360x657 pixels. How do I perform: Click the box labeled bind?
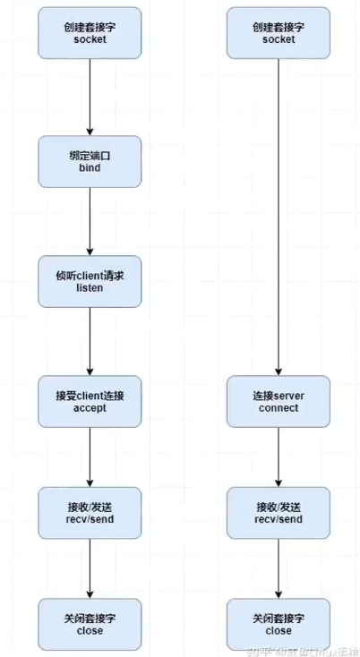(x=90, y=162)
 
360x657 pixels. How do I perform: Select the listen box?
(x=90, y=282)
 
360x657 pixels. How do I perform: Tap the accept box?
(x=90, y=400)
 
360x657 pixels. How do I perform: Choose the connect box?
(x=279, y=400)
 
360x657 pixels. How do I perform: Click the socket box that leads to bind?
(x=90, y=34)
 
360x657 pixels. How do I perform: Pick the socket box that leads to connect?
(x=279, y=34)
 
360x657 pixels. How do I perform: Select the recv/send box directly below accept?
(x=90, y=512)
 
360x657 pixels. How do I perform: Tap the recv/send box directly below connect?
(x=279, y=512)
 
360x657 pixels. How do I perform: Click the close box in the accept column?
(x=90, y=624)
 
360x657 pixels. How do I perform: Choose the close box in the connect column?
(x=279, y=624)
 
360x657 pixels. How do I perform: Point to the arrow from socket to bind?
(x=90, y=98)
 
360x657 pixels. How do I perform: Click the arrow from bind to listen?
(x=90, y=221)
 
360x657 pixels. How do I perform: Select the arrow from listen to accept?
(x=90, y=340)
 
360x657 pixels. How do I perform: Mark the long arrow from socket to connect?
(x=279, y=215)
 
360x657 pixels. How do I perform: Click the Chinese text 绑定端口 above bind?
(x=90, y=155)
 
